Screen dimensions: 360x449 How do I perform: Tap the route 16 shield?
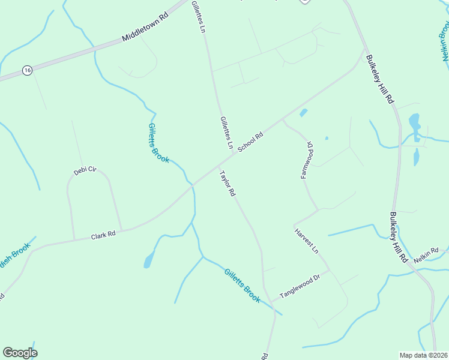click(x=27, y=70)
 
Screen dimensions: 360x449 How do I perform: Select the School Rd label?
click(x=250, y=142)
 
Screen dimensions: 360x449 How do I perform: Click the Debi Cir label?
click(x=85, y=170)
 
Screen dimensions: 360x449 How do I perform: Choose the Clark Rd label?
click(x=103, y=236)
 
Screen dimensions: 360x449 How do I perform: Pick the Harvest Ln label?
click(x=306, y=239)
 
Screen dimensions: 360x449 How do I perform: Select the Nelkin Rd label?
click(x=426, y=250)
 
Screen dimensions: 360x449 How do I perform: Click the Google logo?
click(x=20, y=353)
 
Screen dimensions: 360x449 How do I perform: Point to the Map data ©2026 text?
click(x=423, y=355)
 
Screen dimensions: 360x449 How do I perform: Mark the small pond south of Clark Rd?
click(x=148, y=261)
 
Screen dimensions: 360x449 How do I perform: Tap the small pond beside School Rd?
click(x=303, y=112)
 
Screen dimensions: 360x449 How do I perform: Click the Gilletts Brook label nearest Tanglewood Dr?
click(x=243, y=284)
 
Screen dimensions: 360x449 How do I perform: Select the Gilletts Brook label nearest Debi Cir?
click(x=158, y=143)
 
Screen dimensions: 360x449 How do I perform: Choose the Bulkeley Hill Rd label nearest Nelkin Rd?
click(x=399, y=238)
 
